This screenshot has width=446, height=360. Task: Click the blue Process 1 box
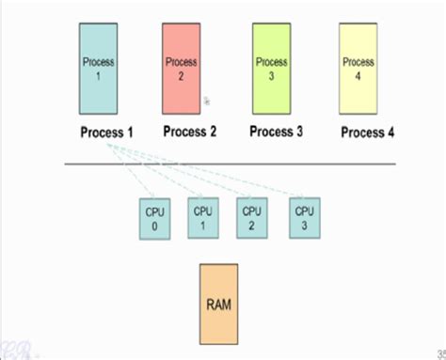click(x=99, y=69)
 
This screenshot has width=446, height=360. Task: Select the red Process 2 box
click(x=181, y=69)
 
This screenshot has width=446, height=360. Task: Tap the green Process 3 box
click(x=272, y=69)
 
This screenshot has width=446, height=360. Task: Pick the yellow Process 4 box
click(x=358, y=69)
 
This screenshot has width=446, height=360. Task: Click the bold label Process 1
click(x=106, y=132)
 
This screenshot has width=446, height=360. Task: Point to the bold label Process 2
click(x=190, y=132)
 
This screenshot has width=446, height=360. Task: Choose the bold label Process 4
click(x=367, y=133)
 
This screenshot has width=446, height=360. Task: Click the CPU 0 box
click(x=154, y=219)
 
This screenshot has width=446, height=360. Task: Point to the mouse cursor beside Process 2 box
click(x=207, y=100)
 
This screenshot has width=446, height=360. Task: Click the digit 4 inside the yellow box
click(x=358, y=75)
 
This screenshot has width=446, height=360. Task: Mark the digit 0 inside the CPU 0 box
click(x=154, y=227)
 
